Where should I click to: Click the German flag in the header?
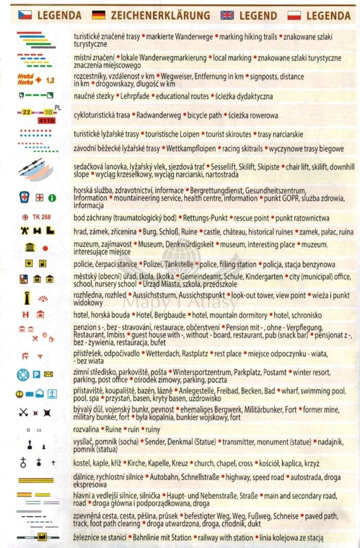tap(98, 15)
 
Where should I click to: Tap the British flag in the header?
tap(227, 15)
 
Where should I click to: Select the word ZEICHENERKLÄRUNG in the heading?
tap(160, 15)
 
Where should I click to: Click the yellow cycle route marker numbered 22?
tap(27, 111)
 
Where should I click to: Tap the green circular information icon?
tap(51, 198)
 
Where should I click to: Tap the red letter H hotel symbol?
tap(24, 314)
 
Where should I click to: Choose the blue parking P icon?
tap(37, 374)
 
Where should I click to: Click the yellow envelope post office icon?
tap(49, 374)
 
